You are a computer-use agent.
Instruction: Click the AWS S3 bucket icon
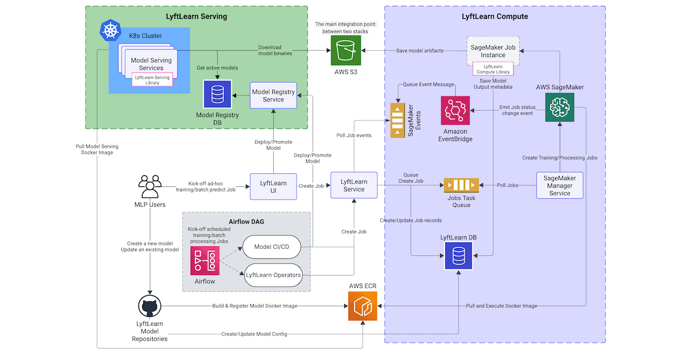(346, 51)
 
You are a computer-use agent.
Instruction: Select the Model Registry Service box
(273, 95)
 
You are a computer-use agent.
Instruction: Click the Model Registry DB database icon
(217, 93)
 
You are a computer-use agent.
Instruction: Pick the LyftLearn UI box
(273, 186)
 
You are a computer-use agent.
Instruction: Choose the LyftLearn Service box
(354, 186)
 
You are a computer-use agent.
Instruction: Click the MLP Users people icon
(149, 186)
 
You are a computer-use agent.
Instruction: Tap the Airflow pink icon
(205, 261)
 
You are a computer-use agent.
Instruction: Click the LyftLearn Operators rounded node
(273, 275)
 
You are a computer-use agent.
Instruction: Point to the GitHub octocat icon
(149, 307)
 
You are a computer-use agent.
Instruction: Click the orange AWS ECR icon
(363, 306)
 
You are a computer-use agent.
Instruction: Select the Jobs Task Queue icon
(461, 186)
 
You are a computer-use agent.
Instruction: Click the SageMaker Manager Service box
(560, 186)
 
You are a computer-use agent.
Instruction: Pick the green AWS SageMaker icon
(560, 107)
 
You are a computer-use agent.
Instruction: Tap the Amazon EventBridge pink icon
(455, 110)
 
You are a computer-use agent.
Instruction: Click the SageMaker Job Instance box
(493, 51)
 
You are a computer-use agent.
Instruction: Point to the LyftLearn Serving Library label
(151, 79)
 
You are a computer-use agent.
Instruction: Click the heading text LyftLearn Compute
(494, 17)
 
